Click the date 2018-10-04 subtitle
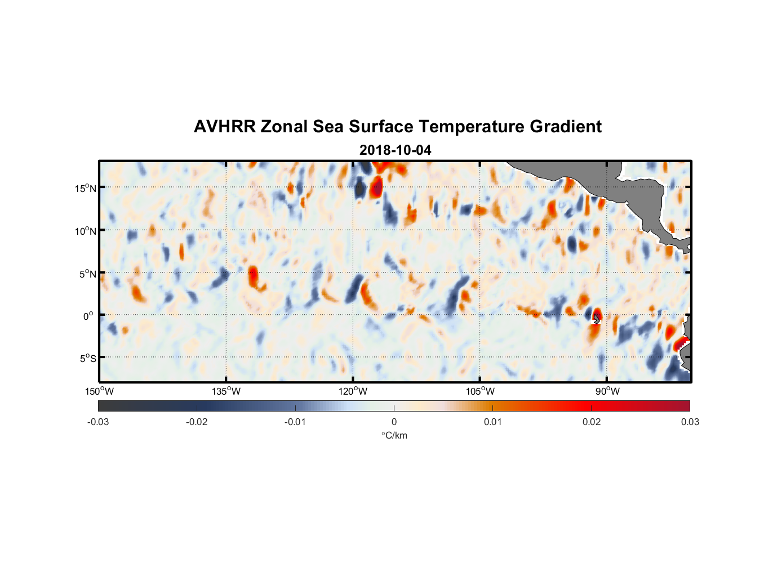(395, 150)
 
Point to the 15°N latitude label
(86, 188)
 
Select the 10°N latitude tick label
(86, 231)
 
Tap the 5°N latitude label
(88, 274)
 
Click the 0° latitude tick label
(88, 316)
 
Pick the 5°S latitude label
(88, 358)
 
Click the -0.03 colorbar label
(98, 422)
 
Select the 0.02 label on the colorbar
(592, 422)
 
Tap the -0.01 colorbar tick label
(295, 422)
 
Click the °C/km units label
(394, 435)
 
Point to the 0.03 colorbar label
(690, 422)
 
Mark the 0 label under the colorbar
(394, 422)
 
